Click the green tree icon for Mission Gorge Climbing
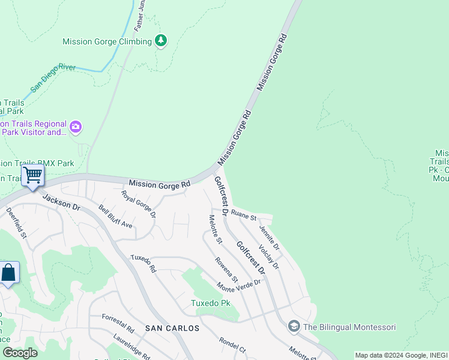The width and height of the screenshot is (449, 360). (x=160, y=41)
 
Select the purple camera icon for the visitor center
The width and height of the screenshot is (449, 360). (x=75, y=127)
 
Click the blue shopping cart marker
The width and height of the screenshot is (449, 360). (x=33, y=176)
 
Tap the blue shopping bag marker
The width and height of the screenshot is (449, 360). (x=9, y=273)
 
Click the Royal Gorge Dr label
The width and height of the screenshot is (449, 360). (x=138, y=204)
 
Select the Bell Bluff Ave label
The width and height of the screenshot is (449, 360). (x=116, y=217)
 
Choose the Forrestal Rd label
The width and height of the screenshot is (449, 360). (x=118, y=323)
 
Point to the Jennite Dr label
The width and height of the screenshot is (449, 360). (x=269, y=237)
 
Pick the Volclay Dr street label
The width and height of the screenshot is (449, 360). (x=268, y=257)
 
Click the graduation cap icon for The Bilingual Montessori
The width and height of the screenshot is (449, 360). (x=294, y=326)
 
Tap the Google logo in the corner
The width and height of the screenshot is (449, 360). (x=20, y=352)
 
